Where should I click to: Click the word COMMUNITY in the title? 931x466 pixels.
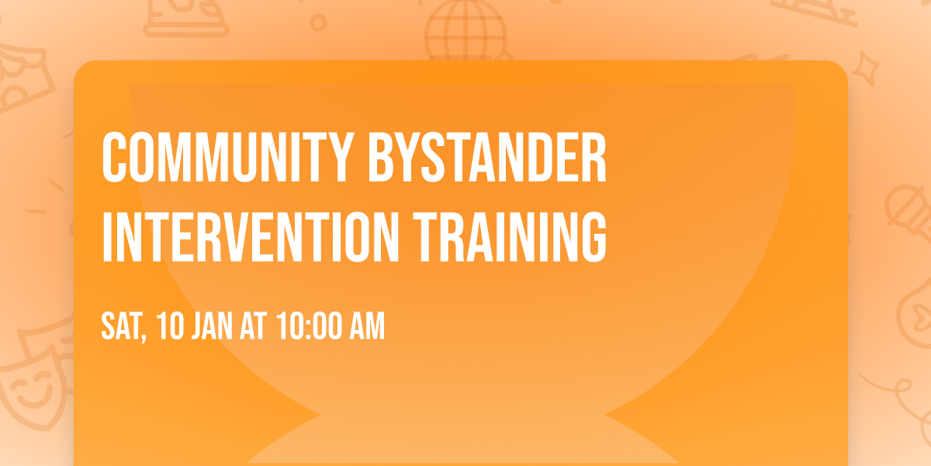[x=220, y=158]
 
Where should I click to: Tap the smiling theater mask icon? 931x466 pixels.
[x=31, y=388]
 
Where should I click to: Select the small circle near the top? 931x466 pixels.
[x=318, y=23]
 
